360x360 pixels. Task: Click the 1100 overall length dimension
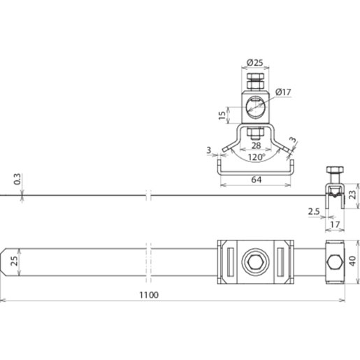pos(149,295)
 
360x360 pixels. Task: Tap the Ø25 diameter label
pos(255,62)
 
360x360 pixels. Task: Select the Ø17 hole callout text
pos(283,92)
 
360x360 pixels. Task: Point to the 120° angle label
pos(257,157)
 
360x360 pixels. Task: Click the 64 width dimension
pos(257,180)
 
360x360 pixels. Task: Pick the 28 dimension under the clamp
pos(256,145)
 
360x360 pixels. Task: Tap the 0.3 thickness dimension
pos(17,179)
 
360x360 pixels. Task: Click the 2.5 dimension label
pos(314,212)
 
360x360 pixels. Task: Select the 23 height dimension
pos(353,194)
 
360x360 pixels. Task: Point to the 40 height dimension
pos(353,261)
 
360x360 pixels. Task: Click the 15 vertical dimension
pos(222,115)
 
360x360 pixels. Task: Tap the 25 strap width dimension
pos(14,261)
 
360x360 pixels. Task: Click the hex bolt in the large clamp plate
pos(255,262)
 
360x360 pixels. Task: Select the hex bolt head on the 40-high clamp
pos(335,262)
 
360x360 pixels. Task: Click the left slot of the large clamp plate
pos(231,262)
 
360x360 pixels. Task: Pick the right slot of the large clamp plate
pos(280,262)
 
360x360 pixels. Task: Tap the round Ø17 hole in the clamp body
pos(255,108)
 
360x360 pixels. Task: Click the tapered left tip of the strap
pos(3,262)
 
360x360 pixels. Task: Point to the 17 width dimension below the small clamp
pos(335,224)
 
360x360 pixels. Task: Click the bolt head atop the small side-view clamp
pos(335,170)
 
